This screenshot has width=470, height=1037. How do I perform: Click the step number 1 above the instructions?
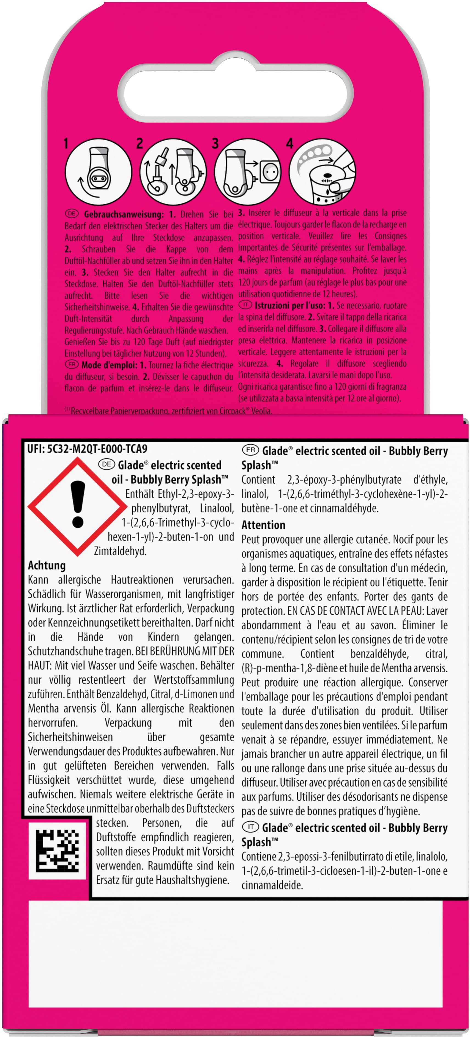pyautogui.click(x=66, y=144)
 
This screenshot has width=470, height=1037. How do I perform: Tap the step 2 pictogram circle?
pyautogui.click(x=173, y=172)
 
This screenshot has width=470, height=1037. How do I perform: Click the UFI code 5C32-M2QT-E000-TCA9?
pyautogui.click(x=87, y=449)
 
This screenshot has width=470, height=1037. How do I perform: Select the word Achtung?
pyautogui.click(x=47, y=565)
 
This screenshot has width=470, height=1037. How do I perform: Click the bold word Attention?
pyautogui.click(x=263, y=525)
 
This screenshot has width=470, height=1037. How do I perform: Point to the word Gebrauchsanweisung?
pyautogui.click(x=124, y=214)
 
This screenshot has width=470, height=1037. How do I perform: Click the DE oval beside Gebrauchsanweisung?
pyautogui.click(x=72, y=214)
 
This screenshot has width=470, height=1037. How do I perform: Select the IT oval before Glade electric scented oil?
pyautogui.click(x=250, y=827)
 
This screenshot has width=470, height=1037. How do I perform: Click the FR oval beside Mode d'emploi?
pyautogui.click(x=72, y=365)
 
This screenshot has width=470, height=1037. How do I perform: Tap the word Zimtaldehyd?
pyautogui.click(x=120, y=551)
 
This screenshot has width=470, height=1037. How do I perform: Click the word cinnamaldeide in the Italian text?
pyautogui.click(x=272, y=885)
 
